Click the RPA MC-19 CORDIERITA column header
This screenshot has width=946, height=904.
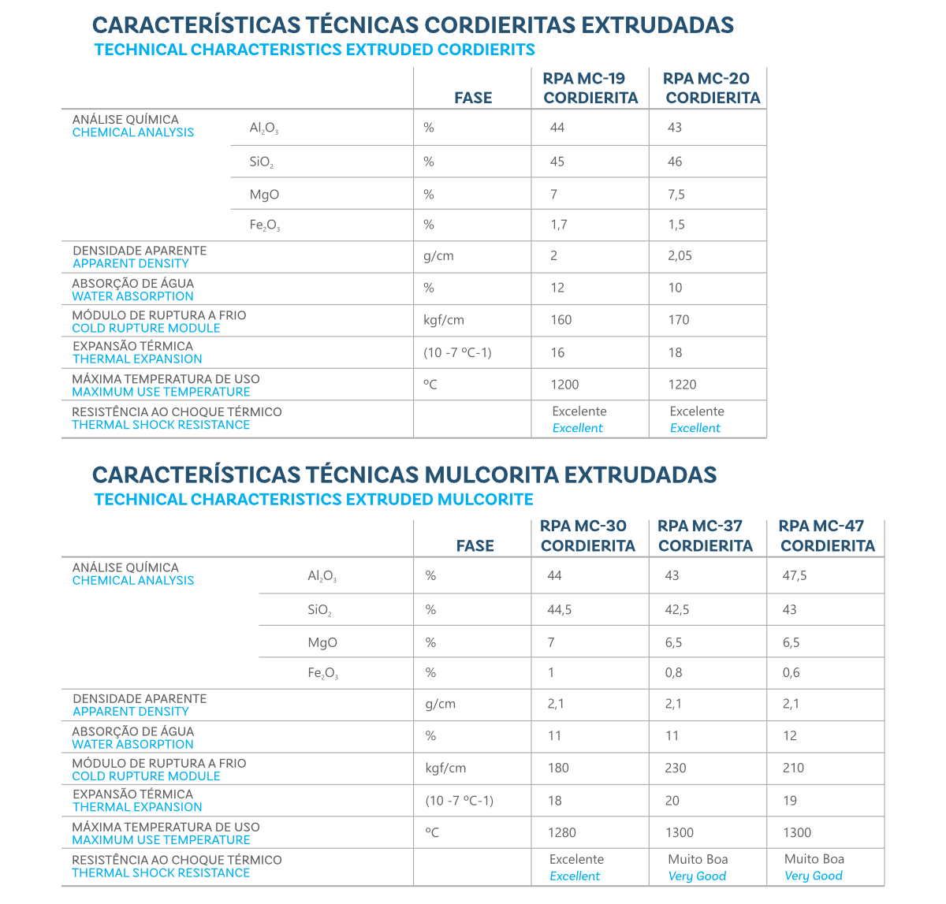point(590,88)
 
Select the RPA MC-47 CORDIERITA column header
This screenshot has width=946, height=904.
point(826,536)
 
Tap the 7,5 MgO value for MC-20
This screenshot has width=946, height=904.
point(676,195)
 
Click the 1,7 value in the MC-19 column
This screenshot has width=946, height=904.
point(559,225)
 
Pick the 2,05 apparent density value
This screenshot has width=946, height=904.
point(680,255)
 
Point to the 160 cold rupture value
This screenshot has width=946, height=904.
point(561,320)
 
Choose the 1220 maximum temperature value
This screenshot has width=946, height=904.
point(682,385)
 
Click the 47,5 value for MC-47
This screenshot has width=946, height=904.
point(795,576)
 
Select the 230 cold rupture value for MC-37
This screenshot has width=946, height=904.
point(676,768)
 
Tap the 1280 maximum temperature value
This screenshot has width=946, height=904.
point(562,832)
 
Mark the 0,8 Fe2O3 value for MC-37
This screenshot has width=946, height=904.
point(674,672)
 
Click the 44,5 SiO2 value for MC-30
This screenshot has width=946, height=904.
point(560,610)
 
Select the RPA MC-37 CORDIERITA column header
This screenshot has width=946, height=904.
point(705,536)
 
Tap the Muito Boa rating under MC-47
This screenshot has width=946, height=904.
point(814,859)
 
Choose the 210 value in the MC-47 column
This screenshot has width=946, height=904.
point(793,768)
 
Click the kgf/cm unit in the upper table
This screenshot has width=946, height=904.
point(444,320)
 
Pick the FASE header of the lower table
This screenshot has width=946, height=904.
point(475,545)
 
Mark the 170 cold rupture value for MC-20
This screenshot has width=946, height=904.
point(679,320)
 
